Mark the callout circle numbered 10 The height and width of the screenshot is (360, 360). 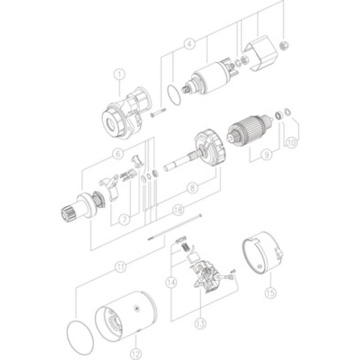coord(292,143)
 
